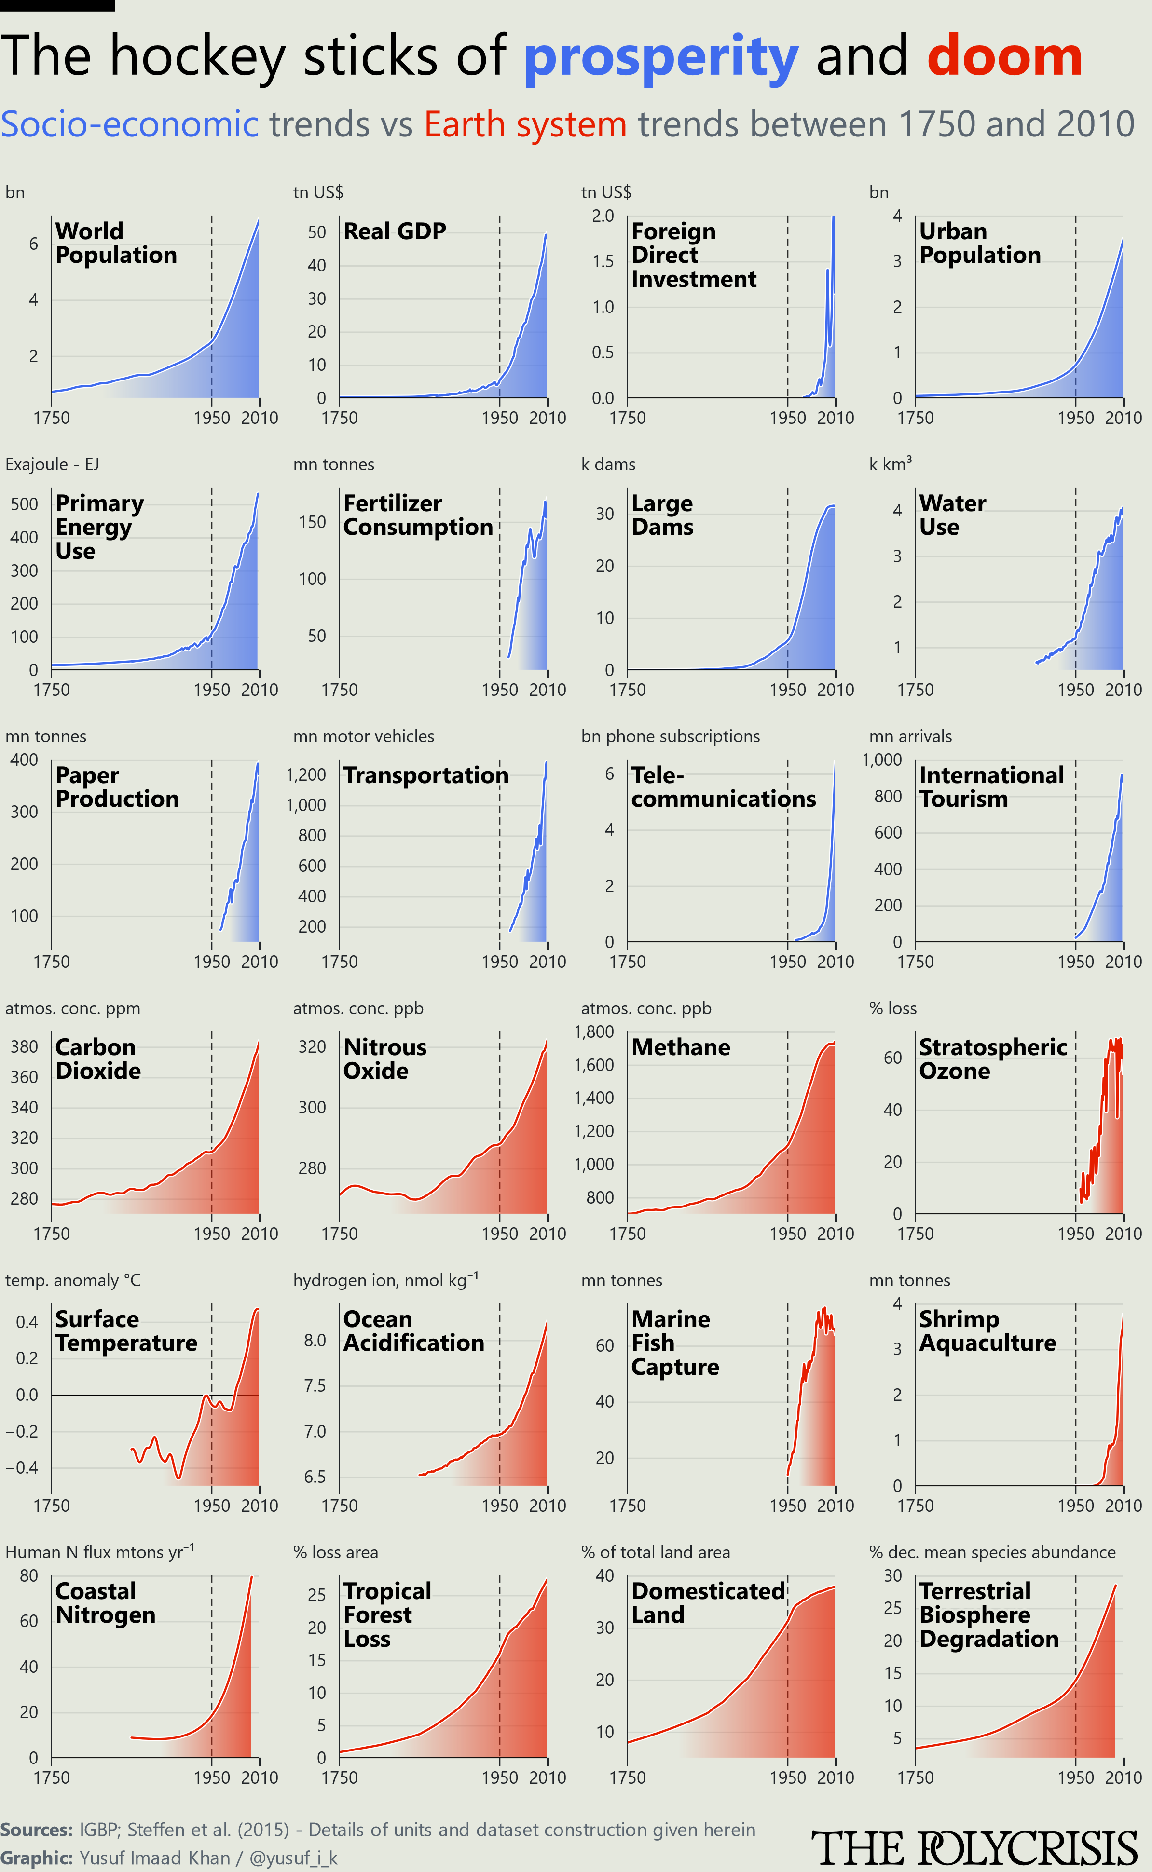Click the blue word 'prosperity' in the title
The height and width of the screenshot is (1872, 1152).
pyautogui.click(x=660, y=58)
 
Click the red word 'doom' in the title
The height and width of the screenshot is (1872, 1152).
pyautogui.click(x=1005, y=55)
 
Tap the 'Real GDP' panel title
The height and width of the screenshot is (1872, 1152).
pyautogui.click(x=395, y=231)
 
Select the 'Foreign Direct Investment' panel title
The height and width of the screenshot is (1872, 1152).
pyautogui.click(x=693, y=255)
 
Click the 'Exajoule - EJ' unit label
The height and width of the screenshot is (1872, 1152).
pyautogui.click(x=52, y=464)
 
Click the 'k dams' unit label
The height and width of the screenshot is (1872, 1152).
pyautogui.click(x=608, y=464)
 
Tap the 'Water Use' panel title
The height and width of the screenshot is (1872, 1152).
pyautogui.click(x=952, y=515)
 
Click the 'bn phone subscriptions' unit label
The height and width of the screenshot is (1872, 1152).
pyautogui.click(x=671, y=736)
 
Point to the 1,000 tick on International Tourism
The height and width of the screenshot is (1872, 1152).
pyautogui.click(x=882, y=760)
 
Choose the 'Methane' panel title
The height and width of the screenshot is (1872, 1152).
pyautogui.click(x=680, y=1047)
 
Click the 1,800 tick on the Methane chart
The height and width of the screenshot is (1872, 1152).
pyautogui.click(x=594, y=1032)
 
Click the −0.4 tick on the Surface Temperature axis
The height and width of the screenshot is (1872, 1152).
pyautogui.click(x=21, y=1467)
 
